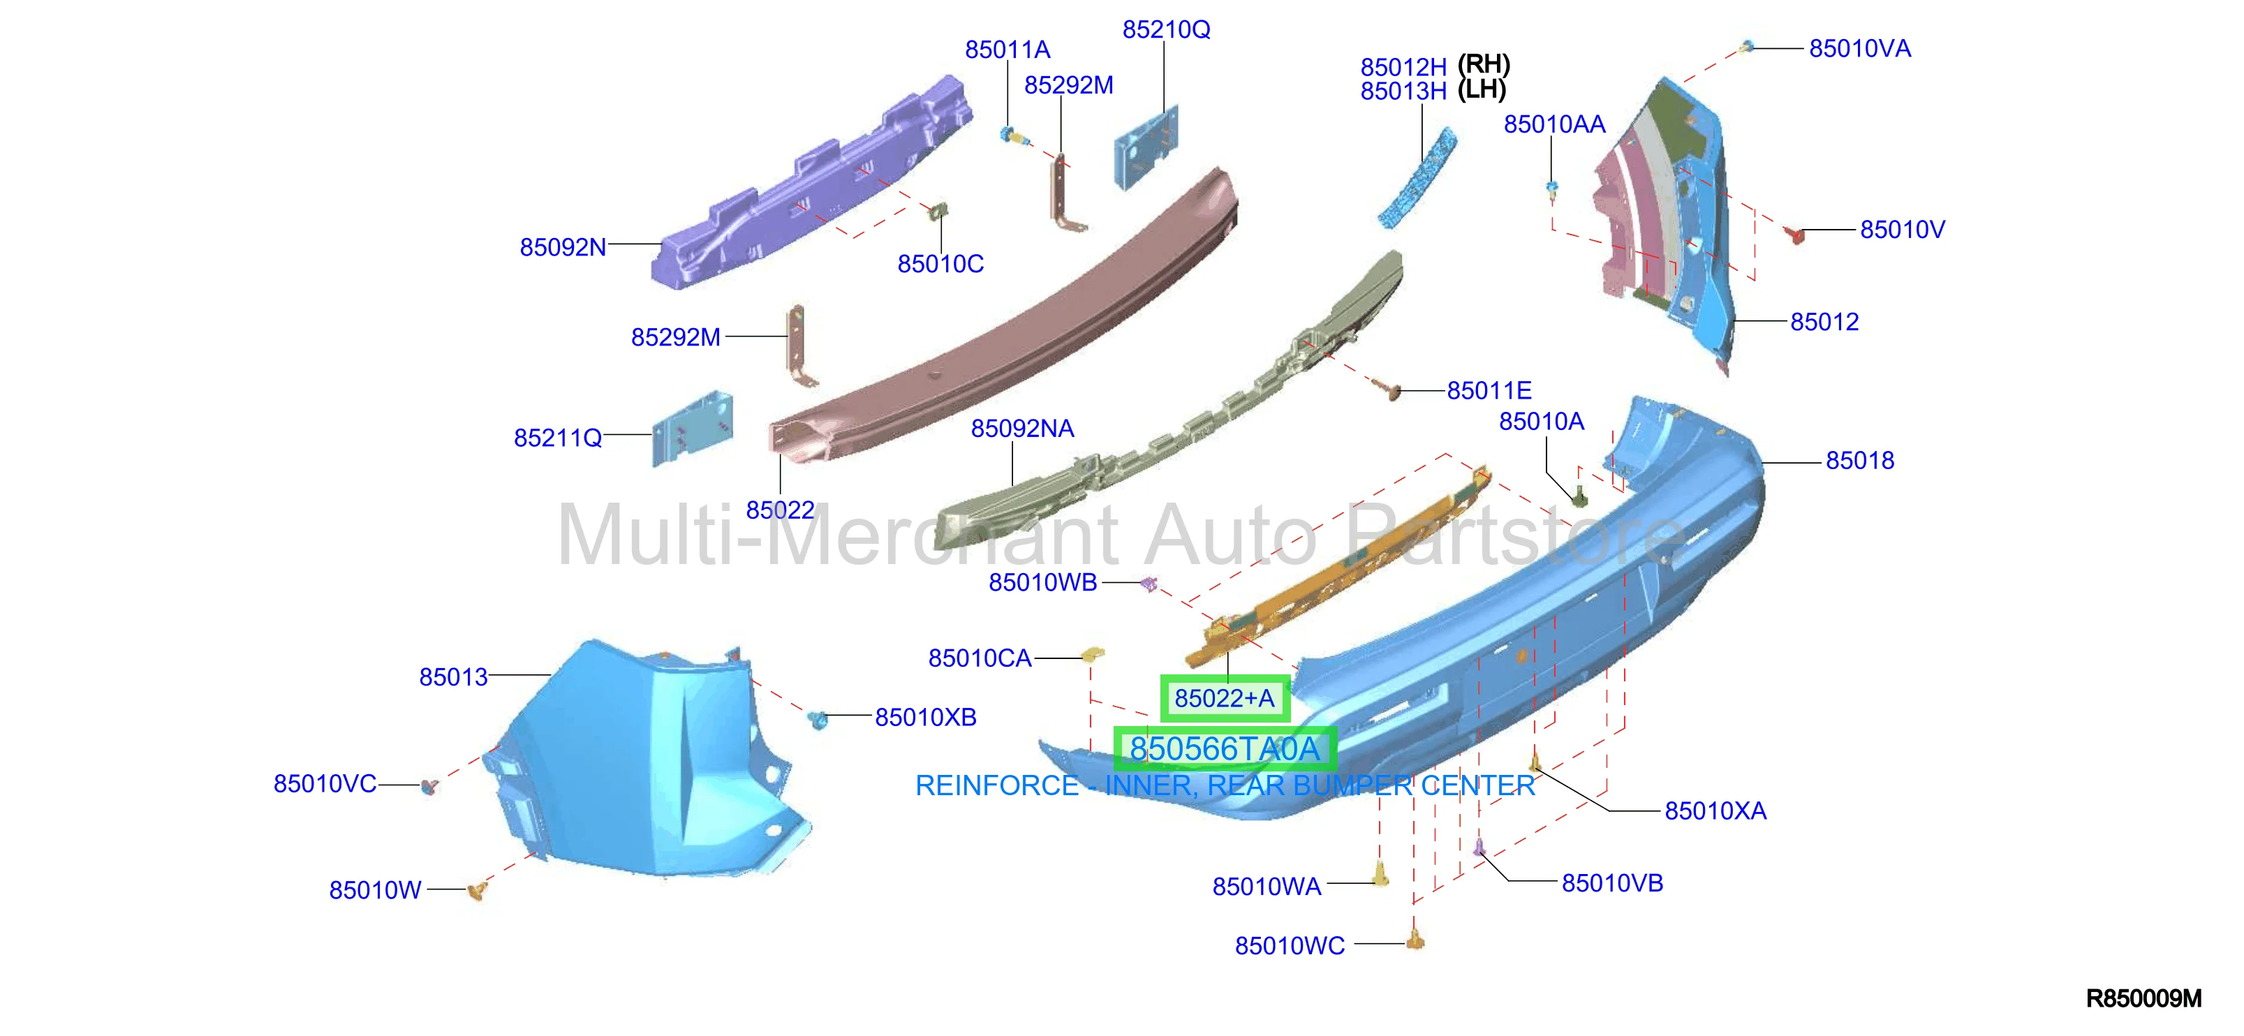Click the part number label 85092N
pyautogui.click(x=563, y=247)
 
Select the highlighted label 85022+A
pyautogui.click(x=1225, y=698)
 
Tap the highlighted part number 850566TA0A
pyautogui.click(x=1225, y=748)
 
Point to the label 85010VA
pyautogui.click(x=1860, y=49)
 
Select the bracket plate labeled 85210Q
pyautogui.click(x=1147, y=147)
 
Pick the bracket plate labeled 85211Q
pyautogui.click(x=693, y=429)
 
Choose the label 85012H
pyautogui.click(x=1403, y=67)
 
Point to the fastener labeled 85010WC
pyautogui.click(x=1415, y=938)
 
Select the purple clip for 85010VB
pyautogui.click(x=1478, y=846)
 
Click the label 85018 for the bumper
pyautogui.click(x=1860, y=461)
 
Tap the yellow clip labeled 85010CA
pyautogui.click(x=1093, y=653)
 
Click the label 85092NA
pyautogui.click(x=1023, y=429)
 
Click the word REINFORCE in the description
pyautogui.click(x=996, y=786)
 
